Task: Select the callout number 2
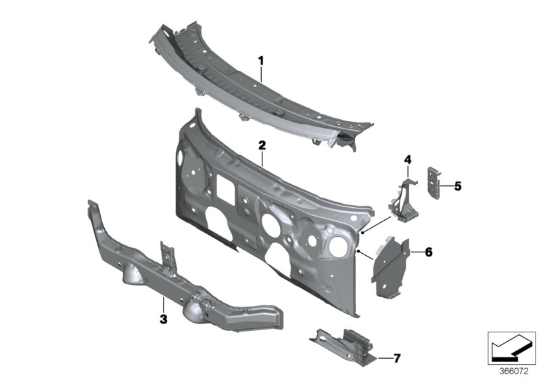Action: pyautogui.click(x=262, y=146)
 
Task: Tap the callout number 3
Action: pyautogui.click(x=163, y=317)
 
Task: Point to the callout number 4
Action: pyautogui.click(x=408, y=160)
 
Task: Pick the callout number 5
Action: pyautogui.click(x=458, y=185)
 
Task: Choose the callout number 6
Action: pyautogui.click(x=428, y=252)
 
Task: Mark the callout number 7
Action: pyautogui.click(x=397, y=357)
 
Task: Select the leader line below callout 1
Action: pyautogui.click(x=261, y=74)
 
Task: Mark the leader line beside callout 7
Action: pyautogui.click(x=383, y=357)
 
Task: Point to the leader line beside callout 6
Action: pyautogui.click(x=415, y=252)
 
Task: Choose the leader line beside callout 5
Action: pyautogui.click(x=446, y=185)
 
